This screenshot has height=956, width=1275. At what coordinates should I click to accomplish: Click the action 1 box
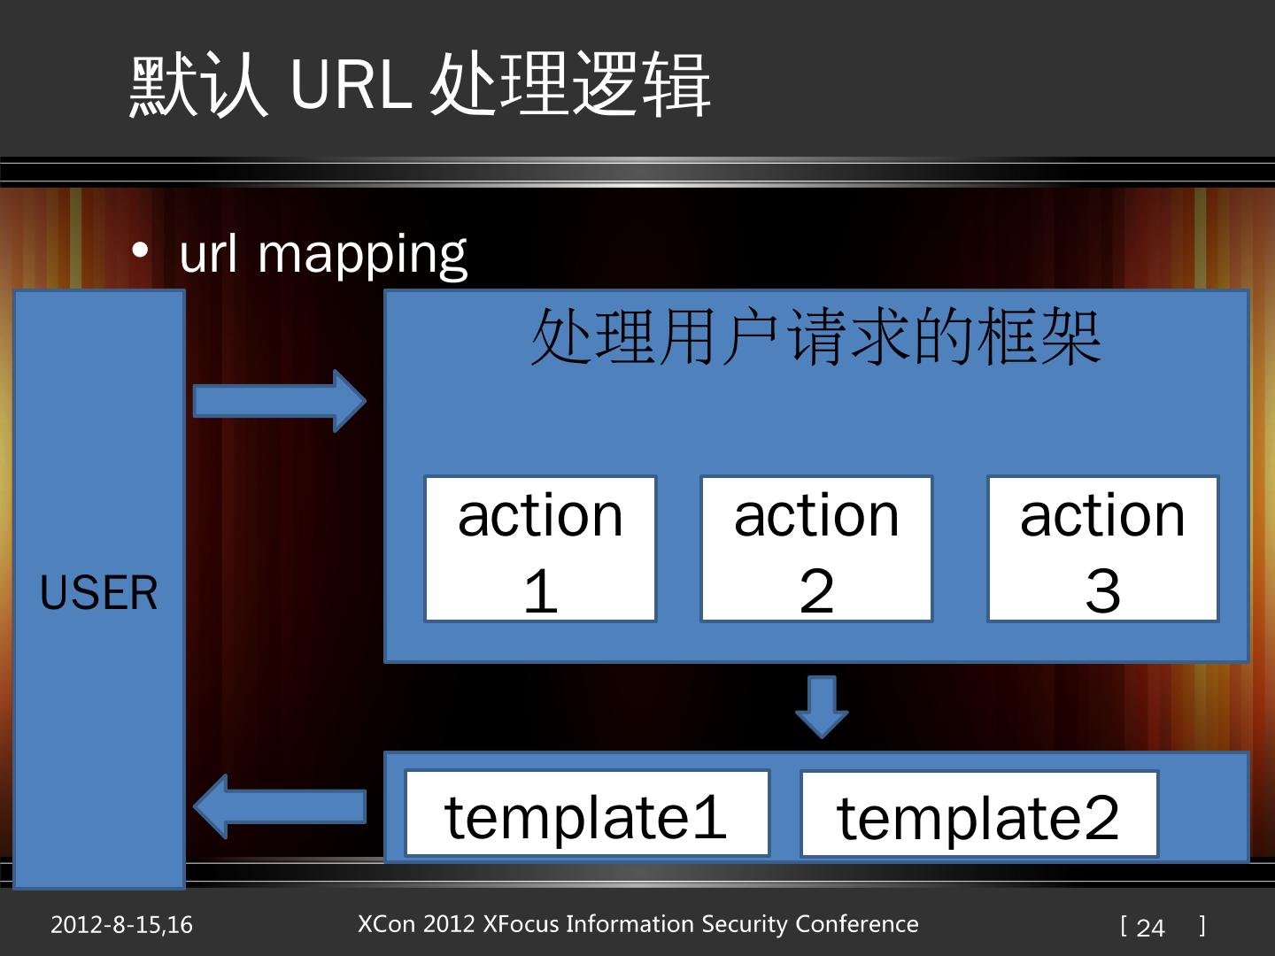tap(540, 549)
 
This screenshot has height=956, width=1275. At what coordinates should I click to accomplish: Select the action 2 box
tap(816, 549)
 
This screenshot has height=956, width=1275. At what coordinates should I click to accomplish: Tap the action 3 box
tap(1102, 549)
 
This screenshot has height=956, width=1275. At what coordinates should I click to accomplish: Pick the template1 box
tap(587, 814)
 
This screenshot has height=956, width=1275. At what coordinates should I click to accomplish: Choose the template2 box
tap(979, 815)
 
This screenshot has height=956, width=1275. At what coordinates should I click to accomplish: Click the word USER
tap(99, 592)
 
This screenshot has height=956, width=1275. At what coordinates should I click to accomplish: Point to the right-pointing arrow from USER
tap(279, 401)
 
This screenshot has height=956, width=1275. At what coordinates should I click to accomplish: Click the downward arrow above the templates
tap(822, 706)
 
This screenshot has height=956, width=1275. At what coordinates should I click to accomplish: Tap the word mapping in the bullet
tap(361, 255)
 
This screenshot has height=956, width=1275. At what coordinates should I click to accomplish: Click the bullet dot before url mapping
tap(140, 251)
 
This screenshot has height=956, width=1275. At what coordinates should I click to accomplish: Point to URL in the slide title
tap(351, 84)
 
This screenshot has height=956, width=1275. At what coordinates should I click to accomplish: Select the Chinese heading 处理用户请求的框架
tap(815, 337)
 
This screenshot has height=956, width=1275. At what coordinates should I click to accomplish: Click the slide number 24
tap(1150, 927)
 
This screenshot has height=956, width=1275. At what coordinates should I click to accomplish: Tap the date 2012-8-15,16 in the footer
tap(121, 925)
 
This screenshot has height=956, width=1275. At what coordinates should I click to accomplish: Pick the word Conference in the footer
tap(857, 924)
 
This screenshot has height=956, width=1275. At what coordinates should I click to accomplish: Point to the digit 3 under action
tap(1102, 590)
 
